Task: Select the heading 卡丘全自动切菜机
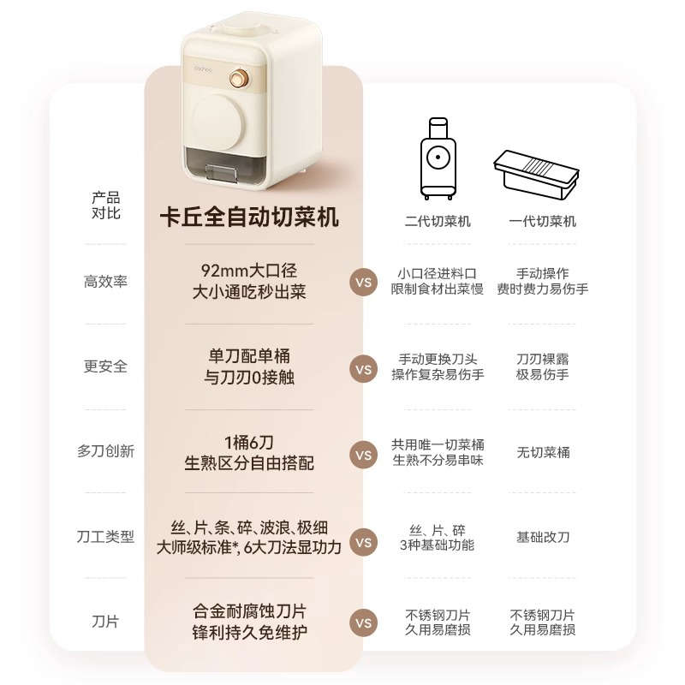click(249, 217)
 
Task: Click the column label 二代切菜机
click(438, 221)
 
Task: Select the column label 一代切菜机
click(543, 221)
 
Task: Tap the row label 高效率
click(105, 282)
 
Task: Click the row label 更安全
click(105, 366)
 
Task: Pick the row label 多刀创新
click(105, 451)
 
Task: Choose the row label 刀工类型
click(105, 538)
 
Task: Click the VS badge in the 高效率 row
click(364, 282)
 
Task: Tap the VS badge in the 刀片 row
click(364, 622)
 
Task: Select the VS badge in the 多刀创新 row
click(364, 455)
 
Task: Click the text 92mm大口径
click(249, 272)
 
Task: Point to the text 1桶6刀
click(249, 443)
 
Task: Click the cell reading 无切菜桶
click(543, 452)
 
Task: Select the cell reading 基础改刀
click(543, 538)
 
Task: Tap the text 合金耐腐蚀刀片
click(249, 612)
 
